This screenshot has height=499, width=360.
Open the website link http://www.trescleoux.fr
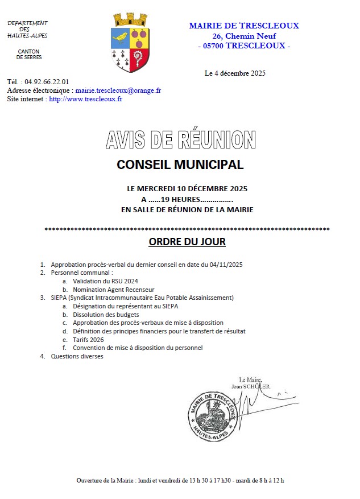click(x=86, y=98)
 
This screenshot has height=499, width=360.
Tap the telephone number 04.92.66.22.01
click(x=47, y=81)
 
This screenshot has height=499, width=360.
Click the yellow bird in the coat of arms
click(x=121, y=38)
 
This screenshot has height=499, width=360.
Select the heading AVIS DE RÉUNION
click(x=180, y=139)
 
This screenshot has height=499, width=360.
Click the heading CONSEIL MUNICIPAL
click(x=180, y=165)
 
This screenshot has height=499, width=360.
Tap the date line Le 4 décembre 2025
click(x=235, y=73)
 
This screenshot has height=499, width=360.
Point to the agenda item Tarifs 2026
click(x=88, y=339)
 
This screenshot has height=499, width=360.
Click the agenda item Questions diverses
click(x=77, y=356)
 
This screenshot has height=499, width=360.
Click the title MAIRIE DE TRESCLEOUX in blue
click(x=243, y=26)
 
